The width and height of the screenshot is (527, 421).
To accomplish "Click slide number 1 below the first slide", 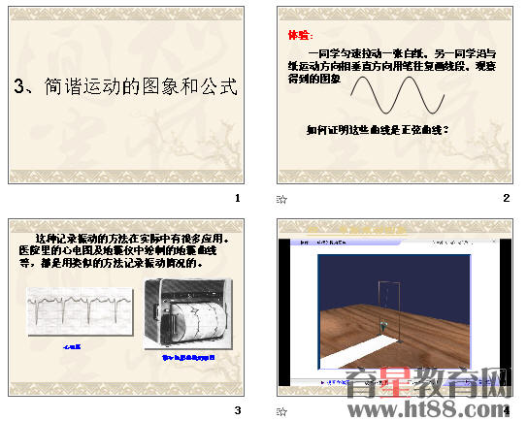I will coord(239,198).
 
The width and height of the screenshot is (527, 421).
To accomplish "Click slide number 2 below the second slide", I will coord(506,198).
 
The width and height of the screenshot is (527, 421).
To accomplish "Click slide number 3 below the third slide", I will coord(239,409).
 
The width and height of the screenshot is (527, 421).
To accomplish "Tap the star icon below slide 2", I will coord(281,200).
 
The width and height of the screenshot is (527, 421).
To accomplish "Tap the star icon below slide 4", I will coord(281,410).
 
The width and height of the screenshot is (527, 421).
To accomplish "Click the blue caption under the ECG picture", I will coord(72,345).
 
